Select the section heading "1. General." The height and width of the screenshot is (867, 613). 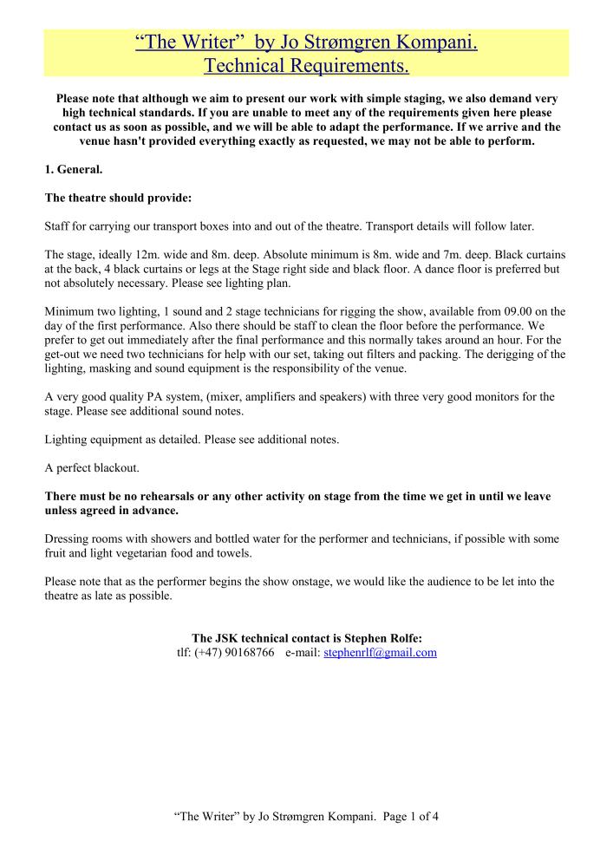(73, 169)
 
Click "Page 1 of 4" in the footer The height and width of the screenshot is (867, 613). (405, 816)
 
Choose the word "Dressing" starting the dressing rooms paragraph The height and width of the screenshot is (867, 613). (67, 538)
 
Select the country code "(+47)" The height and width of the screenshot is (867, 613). (207, 652)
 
